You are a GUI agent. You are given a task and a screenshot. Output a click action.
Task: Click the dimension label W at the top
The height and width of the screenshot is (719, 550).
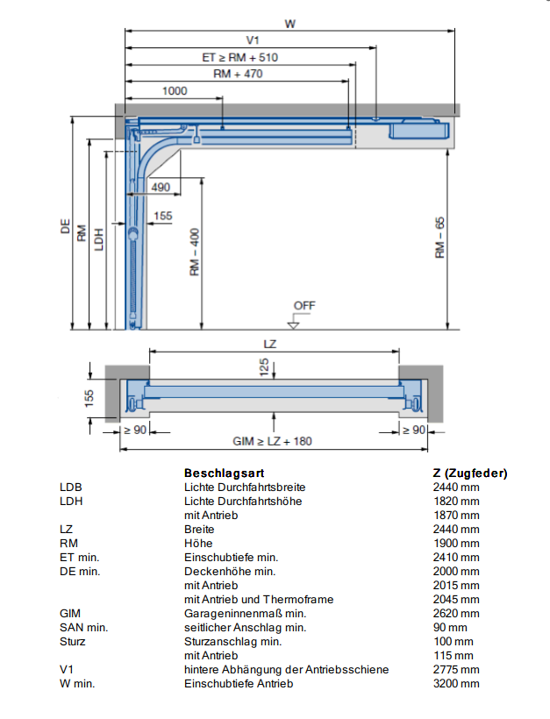tap(289, 24)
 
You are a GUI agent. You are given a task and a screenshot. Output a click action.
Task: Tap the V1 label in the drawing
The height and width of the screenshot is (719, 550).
tap(253, 40)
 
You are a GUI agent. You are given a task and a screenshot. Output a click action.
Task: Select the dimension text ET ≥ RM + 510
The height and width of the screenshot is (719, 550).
tap(239, 57)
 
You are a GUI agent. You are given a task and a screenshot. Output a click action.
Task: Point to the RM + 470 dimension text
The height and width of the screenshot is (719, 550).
tap(238, 74)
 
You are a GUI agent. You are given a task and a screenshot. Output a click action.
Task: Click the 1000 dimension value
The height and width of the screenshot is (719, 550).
tap(175, 91)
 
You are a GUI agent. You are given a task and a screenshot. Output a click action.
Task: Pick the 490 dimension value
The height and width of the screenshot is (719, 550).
tap(161, 187)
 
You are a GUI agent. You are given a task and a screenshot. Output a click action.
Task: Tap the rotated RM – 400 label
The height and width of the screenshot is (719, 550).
tap(195, 253)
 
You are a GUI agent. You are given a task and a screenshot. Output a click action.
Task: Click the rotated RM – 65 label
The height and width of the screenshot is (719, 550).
tap(439, 238)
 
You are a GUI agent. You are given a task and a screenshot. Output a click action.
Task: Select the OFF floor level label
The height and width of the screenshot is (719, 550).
tap(304, 305)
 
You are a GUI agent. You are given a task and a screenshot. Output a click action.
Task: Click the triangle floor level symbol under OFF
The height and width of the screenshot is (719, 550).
tap(294, 325)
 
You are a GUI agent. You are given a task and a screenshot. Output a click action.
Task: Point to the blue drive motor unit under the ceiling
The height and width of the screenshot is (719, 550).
tap(418, 129)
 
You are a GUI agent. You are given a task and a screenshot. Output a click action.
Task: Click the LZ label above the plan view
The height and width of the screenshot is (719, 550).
tap(269, 344)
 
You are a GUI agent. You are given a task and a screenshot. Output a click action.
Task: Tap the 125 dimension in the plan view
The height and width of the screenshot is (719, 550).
tap(264, 367)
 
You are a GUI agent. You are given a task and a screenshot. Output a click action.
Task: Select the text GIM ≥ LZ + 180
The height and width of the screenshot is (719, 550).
tap(272, 441)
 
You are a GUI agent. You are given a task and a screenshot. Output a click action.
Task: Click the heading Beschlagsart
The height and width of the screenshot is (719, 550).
tap(224, 473)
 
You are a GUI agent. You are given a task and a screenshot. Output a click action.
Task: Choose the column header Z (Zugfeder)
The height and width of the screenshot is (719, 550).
tap(470, 473)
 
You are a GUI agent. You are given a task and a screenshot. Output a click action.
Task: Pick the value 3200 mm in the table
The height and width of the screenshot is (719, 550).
tap(456, 684)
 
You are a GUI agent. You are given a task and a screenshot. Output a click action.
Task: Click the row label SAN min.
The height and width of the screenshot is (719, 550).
tap(84, 628)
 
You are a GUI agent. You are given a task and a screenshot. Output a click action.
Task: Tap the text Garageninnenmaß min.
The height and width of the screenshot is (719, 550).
tap(245, 614)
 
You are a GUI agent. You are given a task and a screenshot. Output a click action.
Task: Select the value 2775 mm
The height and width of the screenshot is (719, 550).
tap(456, 670)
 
